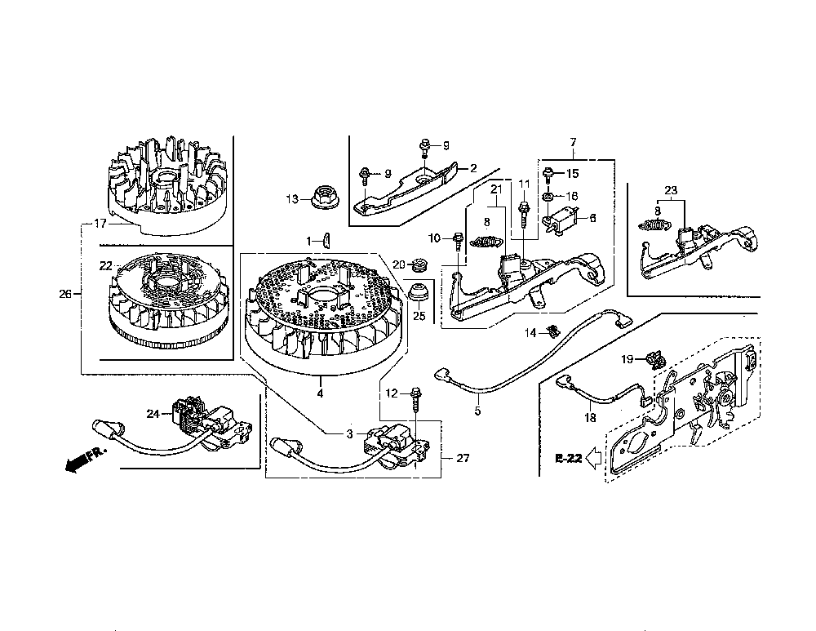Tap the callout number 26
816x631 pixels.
[65, 295]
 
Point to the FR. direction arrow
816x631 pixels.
[78, 462]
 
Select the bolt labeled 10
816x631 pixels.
[459, 239]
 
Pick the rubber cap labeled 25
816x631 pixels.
[418, 290]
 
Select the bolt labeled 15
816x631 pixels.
[550, 174]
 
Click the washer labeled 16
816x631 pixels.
[549, 196]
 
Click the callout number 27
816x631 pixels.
[463, 459]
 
